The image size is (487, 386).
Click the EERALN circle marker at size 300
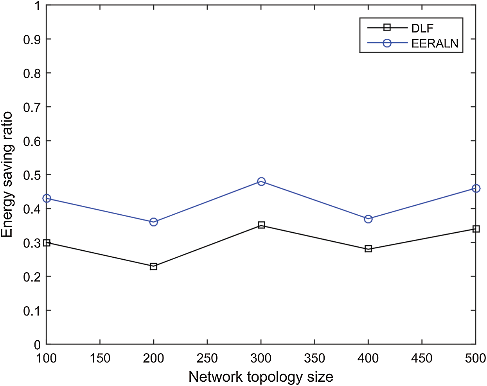261,181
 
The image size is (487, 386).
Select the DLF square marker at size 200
153,267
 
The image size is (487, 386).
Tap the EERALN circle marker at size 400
368,219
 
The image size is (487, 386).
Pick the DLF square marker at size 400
368,249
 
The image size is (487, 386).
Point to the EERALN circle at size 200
153,222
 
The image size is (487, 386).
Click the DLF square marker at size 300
261,225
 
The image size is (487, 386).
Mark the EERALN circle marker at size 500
476,189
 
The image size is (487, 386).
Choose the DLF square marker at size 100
47,243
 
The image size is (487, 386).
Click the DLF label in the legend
422,29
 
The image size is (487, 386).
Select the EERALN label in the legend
435,43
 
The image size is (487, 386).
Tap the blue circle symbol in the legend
387,43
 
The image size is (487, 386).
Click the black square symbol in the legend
387,27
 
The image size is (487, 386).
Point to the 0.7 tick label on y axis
32,107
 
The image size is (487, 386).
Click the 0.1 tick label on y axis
32,311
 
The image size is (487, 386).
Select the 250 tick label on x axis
207,358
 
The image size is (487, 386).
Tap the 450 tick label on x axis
422,358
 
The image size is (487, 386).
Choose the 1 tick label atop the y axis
38,5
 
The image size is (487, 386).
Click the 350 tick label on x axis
314,358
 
